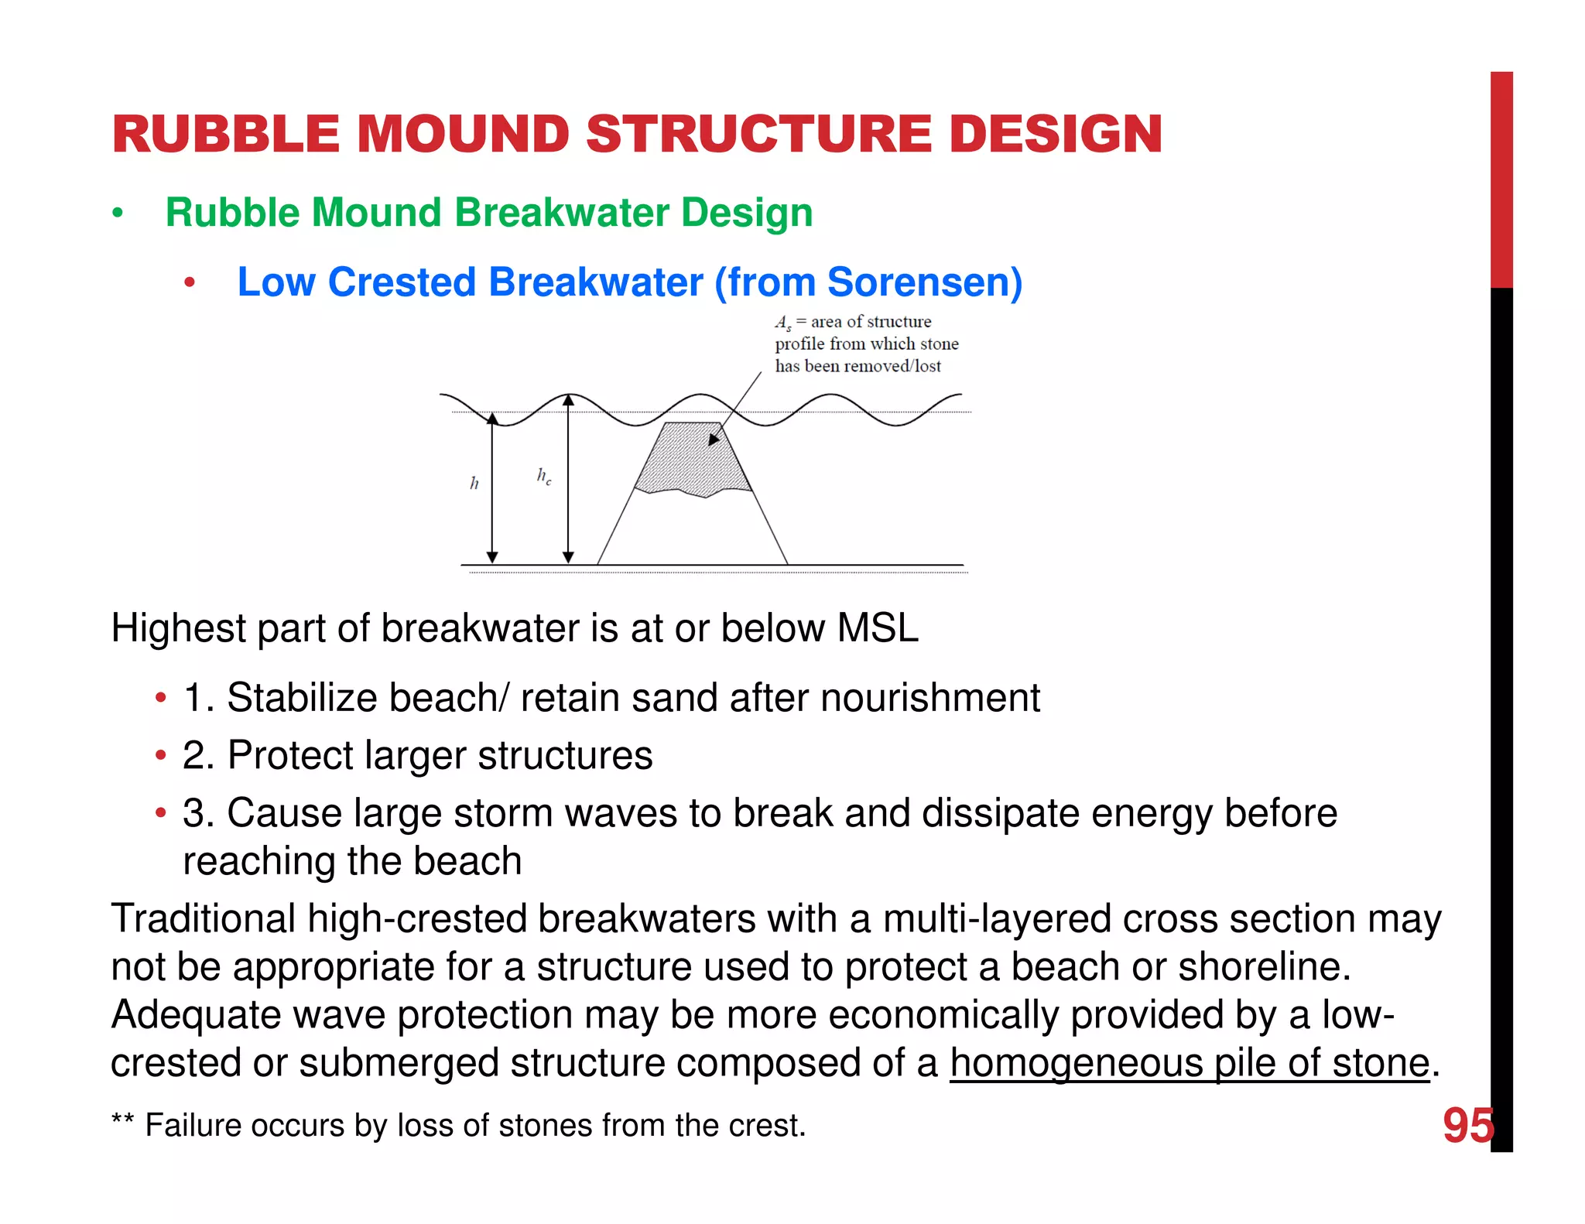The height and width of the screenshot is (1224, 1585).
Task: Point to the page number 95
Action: pyautogui.click(x=1467, y=1125)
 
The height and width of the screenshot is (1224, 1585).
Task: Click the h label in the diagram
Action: pyautogui.click(x=474, y=484)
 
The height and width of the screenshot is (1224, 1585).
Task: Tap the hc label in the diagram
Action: pyautogui.click(x=544, y=476)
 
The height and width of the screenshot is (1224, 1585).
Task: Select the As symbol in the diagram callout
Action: pyautogui.click(x=783, y=323)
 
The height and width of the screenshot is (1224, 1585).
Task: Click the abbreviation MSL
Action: pyautogui.click(x=878, y=627)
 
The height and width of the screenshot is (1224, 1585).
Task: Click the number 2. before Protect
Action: pyautogui.click(x=198, y=755)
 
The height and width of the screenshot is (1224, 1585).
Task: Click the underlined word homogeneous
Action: pyautogui.click(x=1076, y=1063)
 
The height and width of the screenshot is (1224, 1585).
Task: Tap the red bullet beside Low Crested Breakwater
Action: pyautogui.click(x=190, y=283)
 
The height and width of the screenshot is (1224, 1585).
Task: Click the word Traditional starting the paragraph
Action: pyautogui.click(x=203, y=919)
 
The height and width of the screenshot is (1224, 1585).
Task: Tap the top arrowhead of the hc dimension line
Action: pyautogui.click(x=568, y=400)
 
